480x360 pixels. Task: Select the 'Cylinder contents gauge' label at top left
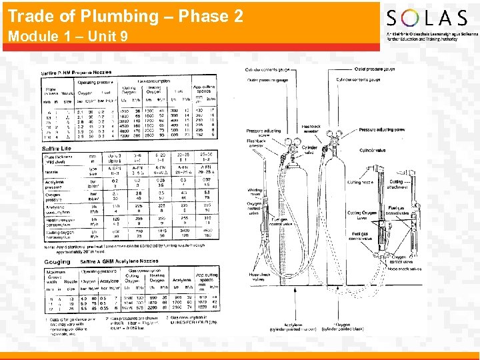click(269, 69)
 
